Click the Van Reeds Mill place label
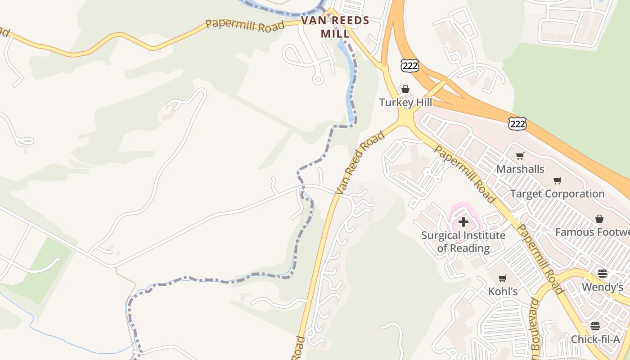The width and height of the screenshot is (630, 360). pos(335,27)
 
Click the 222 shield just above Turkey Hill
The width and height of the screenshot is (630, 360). pos(409,66)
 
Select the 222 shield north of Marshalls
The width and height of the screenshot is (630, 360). pos(517,123)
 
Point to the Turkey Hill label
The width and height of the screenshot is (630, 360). pos(405,102)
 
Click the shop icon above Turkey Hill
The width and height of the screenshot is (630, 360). pos(405,89)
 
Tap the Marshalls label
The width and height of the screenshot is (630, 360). pos(520,169)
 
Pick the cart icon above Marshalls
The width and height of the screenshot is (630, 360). pos(520,156)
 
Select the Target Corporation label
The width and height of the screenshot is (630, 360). pos(557,194)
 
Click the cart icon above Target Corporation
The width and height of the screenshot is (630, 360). pos(558,181)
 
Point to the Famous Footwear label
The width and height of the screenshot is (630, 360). pos(592,232)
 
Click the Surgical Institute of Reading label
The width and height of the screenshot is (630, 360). pos(463,242)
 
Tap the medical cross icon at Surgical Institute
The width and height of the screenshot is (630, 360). pos(463,222)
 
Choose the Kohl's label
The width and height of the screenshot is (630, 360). pos(503,292)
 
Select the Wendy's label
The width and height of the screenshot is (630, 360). pos(602,287)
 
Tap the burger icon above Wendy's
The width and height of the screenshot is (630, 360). pos(602,274)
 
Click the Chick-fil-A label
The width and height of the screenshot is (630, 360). pos(595,339)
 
